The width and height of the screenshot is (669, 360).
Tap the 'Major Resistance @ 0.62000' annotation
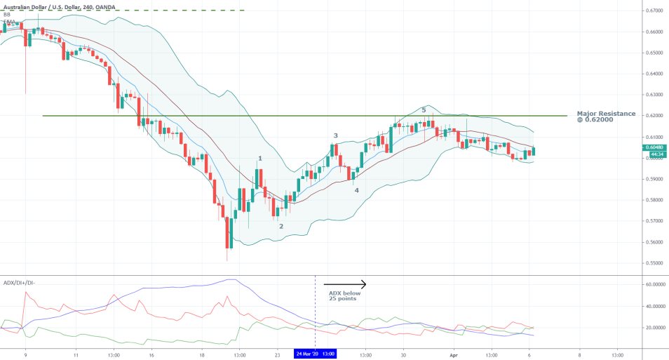[x=606, y=116]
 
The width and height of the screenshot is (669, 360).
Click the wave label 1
[x=260, y=159]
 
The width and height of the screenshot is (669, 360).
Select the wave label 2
[x=281, y=226]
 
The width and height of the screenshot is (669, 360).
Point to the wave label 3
[x=335, y=135]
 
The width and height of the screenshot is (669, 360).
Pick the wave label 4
[x=356, y=190]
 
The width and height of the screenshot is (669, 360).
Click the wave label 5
[x=424, y=110]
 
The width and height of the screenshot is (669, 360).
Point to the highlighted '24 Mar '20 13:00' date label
[x=314, y=354]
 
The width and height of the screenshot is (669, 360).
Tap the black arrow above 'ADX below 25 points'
[x=346, y=284]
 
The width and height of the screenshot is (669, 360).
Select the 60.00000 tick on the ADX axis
[x=654, y=285]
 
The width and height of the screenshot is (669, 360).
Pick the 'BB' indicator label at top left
[x=7, y=14]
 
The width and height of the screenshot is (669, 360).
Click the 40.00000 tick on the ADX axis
[x=654, y=307]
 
